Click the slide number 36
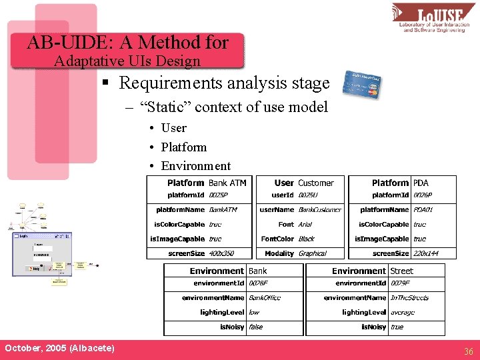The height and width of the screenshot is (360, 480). pos(468,351)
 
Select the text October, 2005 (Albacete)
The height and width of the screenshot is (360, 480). pos(59,349)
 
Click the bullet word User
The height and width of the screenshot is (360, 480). pos(173,128)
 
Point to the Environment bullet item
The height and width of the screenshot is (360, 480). pos(195,166)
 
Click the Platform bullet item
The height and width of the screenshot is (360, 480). pos(183,147)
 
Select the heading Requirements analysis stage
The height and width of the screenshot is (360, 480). pos(224,83)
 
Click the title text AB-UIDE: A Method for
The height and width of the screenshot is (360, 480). pos(127,43)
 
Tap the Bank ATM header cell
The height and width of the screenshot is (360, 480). pos(227,183)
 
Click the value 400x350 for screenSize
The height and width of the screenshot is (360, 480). pos(222,253)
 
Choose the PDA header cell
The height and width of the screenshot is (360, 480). pos(421,183)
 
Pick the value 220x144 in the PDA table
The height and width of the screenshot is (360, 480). pos(427,253)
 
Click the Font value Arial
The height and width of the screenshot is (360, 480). pos(305,225)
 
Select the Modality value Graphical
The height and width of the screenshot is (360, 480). pos(312,253)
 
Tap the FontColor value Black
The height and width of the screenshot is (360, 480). pos(306,239)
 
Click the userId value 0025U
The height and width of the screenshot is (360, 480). pos(308,195)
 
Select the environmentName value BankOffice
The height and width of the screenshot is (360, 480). pos(265,298)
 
